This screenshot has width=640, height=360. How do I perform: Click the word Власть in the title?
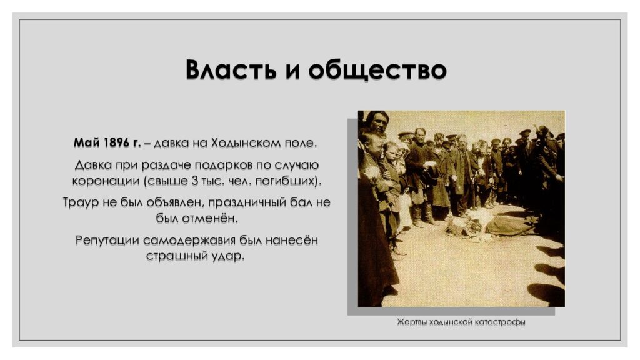tap(231, 71)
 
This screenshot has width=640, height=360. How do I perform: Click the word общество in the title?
tap(377, 71)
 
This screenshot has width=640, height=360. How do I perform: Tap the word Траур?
tap(82, 203)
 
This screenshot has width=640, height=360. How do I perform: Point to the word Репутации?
tap(107, 241)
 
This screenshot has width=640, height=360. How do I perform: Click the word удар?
tap(227, 256)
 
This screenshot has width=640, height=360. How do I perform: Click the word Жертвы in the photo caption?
tap(411, 322)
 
